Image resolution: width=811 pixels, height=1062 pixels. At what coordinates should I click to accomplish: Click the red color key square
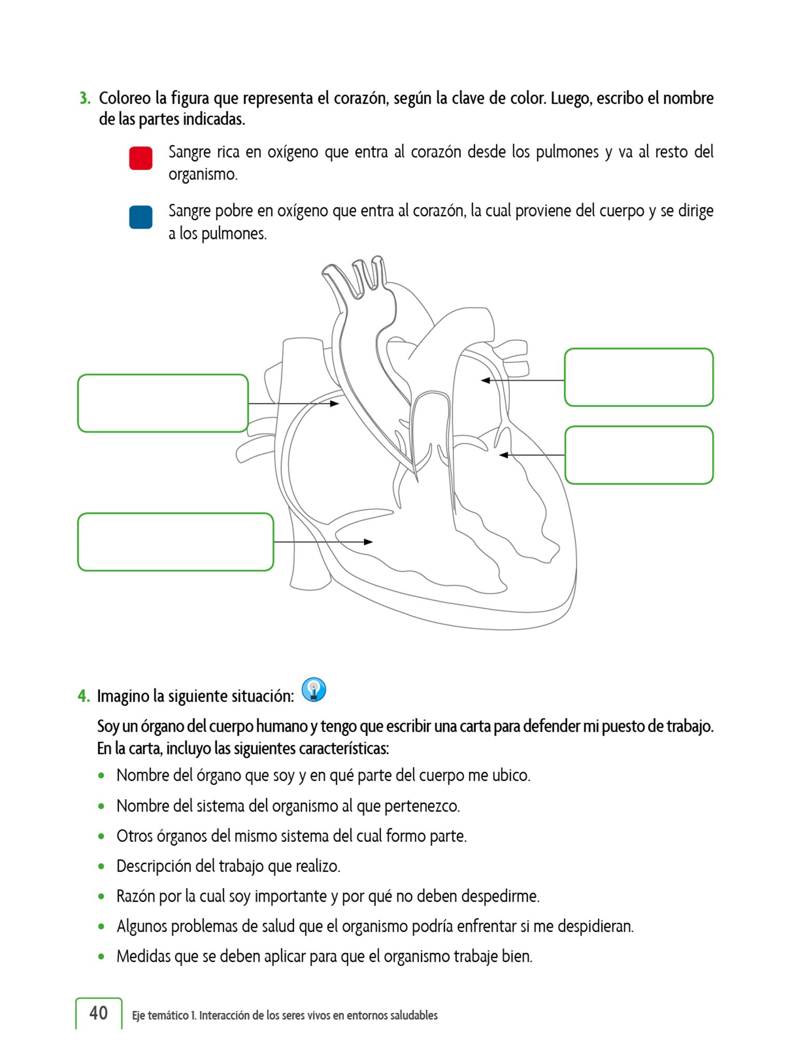click(141, 158)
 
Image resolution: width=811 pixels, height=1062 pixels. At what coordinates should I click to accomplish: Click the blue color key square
click(141, 217)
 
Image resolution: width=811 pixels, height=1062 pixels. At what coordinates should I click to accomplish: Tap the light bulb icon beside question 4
click(314, 690)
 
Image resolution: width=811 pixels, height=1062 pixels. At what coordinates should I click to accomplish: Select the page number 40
click(99, 1013)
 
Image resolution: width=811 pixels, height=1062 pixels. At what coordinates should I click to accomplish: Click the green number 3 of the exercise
click(85, 98)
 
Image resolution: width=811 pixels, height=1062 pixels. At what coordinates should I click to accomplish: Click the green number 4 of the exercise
click(83, 696)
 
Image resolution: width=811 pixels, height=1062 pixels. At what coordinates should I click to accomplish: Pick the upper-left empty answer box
click(163, 403)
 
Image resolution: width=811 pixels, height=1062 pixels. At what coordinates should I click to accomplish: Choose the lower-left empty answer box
click(175, 542)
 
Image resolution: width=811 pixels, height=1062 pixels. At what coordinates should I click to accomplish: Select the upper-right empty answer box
click(638, 377)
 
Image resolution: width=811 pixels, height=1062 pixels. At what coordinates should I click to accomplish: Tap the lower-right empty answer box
click(638, 455)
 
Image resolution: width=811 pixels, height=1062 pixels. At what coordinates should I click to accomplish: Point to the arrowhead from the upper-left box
click(335, 403)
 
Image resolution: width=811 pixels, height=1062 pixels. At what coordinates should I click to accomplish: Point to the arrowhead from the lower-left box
click(368, 542)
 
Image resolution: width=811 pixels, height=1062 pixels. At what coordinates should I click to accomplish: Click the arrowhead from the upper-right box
click(485, 381)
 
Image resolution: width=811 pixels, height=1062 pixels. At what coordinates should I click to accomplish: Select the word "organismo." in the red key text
click(203, 175)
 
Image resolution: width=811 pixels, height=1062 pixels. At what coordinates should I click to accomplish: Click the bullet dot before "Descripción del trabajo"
click(102, 867)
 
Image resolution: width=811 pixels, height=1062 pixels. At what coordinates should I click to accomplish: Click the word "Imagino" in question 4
click(123, 696)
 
